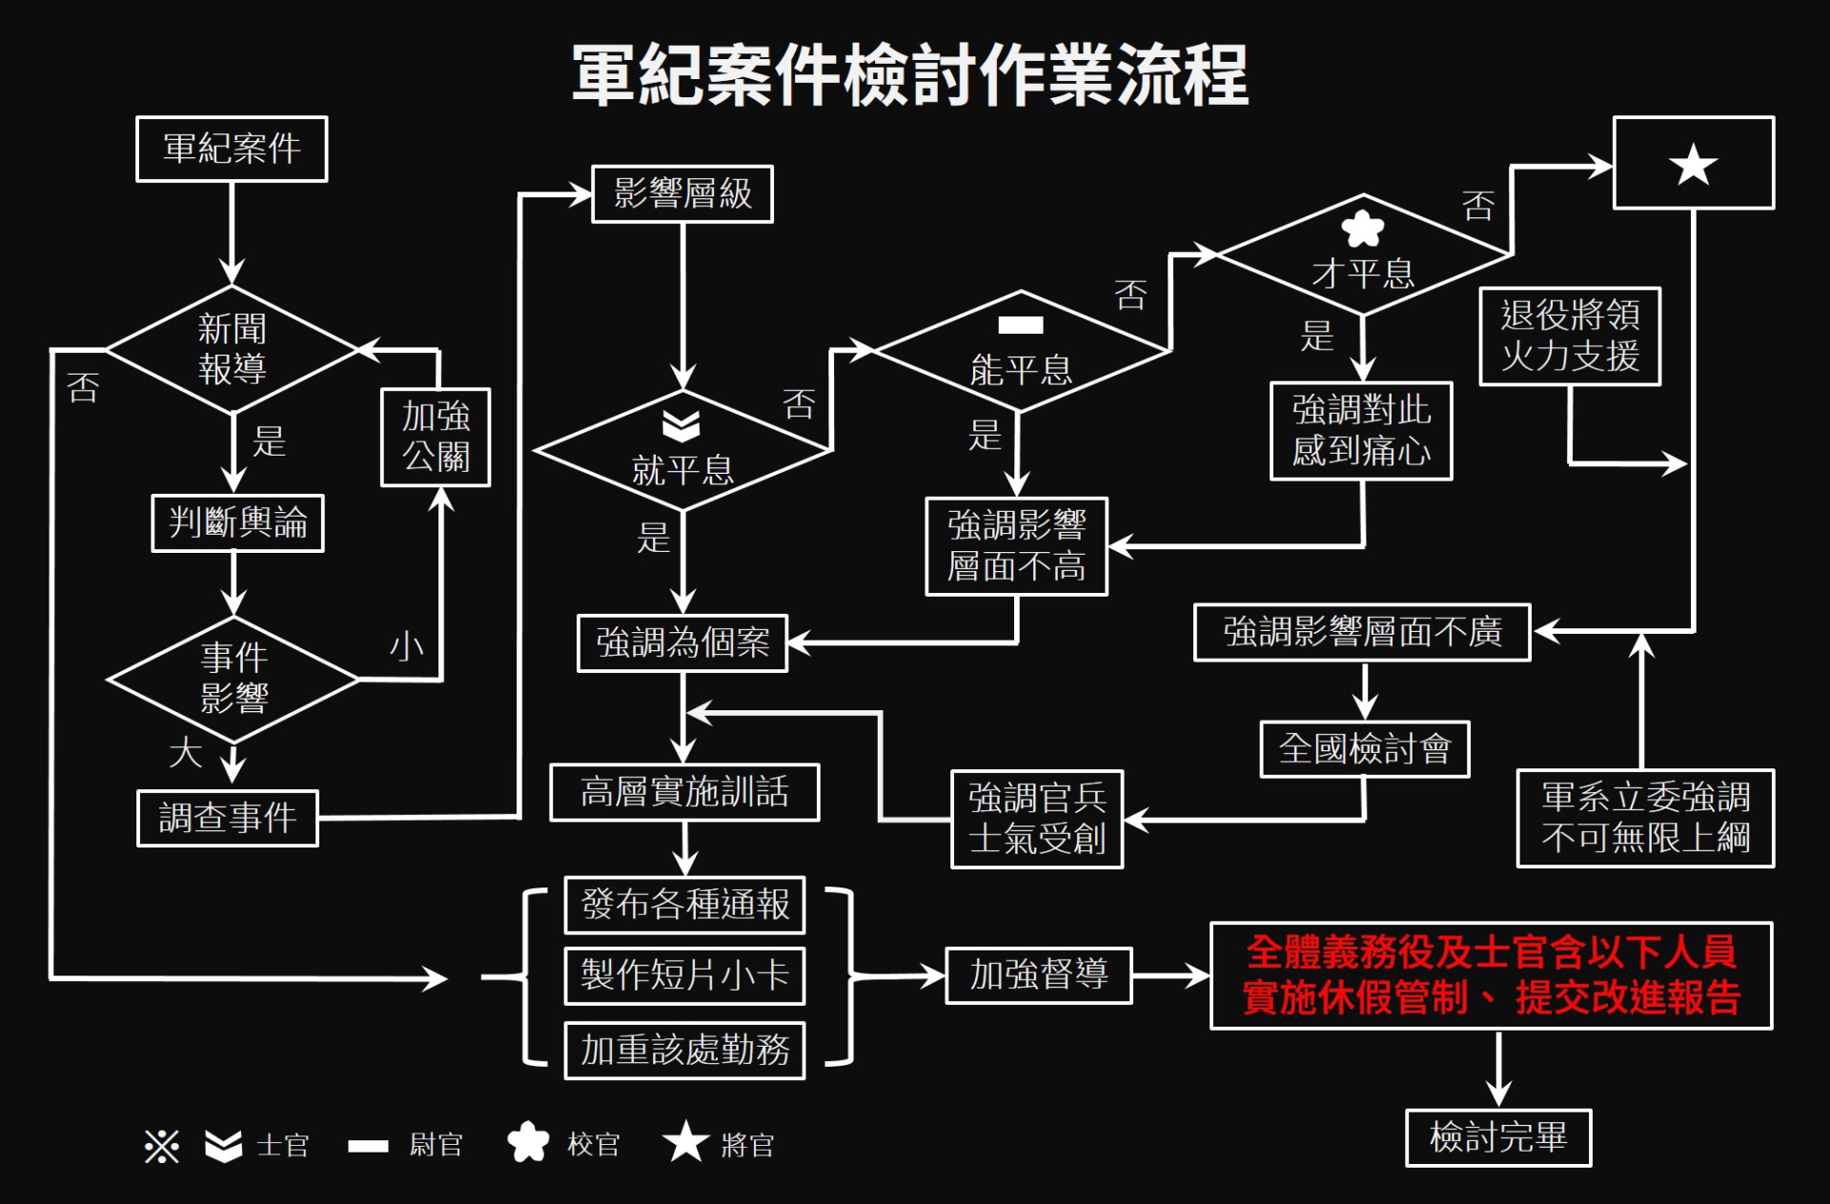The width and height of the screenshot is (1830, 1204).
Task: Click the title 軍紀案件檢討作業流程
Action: [x=910, y=74]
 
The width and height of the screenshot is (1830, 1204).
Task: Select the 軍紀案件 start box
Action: [x=232, y=149]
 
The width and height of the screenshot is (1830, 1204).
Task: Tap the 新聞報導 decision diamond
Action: [x=232, y=349]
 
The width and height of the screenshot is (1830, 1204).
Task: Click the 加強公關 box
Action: [x=436, y=437]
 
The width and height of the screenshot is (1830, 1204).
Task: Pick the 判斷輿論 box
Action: [x=237, y=522]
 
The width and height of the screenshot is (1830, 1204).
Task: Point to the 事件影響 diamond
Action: [x=234, y=679]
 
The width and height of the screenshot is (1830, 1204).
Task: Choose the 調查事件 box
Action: [x=228, y=817]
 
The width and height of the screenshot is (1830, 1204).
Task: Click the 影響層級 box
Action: [x=682, y=194]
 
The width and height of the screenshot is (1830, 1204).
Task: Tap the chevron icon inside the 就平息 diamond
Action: [x=681, y=426]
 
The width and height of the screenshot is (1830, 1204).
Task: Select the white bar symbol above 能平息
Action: [x=1021, y=325]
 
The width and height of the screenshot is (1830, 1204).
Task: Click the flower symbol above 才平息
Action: [x=1362, y=229]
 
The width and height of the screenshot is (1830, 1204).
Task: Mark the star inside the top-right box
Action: [x=1694, y=165]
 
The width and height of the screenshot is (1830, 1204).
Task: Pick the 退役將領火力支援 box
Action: [x=1570, y=336]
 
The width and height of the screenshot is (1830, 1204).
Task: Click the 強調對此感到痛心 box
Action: [x=1361, y=431]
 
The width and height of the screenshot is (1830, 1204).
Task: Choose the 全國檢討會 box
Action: [x=1365, y=749]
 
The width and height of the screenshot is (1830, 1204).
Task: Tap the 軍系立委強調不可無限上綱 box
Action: [x=1645, y=818]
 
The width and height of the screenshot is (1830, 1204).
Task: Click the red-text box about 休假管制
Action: [x=1491, y=975]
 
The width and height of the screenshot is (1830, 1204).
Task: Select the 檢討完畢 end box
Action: [x=1498, y=1137]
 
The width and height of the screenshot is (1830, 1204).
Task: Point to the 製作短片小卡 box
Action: [x=684, y=975]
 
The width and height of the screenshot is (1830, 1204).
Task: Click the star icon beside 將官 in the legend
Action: [x=685, y=1141]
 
